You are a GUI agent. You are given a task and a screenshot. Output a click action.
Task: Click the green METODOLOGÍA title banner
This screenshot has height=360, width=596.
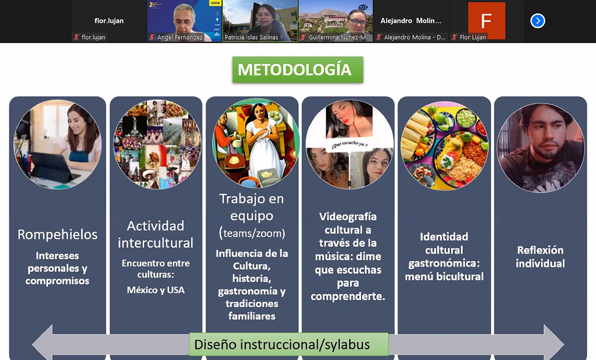(x=298, y=70)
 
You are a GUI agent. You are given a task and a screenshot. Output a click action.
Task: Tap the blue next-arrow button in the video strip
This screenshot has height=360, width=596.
(x=537, y=21)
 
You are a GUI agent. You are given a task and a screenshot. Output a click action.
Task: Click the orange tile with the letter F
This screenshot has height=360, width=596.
(x=486, y=20)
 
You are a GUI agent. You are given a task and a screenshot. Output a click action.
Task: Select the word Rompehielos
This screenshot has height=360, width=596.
(x=57, y=235)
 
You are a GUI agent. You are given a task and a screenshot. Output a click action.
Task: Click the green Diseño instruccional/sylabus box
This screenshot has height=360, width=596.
(x=289, y=344)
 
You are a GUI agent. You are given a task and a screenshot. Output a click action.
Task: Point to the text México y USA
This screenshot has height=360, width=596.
(x=156, y=290)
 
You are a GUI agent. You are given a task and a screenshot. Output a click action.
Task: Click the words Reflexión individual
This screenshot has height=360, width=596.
(x=540, y=257)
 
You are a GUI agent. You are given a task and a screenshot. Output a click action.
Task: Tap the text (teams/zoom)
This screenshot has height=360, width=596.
(x=252, y=233)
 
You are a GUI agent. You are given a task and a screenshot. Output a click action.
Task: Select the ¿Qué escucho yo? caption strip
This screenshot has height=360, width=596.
(x=349, y=144)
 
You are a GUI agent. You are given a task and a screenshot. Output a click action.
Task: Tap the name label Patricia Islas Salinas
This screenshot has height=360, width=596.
(x=251, y=37)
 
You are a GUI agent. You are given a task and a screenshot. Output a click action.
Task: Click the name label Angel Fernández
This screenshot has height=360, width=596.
(x=180, y=37)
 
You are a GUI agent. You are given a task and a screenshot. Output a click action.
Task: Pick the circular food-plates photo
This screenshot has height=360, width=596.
(x=444, y=146)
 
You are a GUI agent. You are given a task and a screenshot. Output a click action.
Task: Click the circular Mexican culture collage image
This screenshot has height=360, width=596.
(x=157, y=144)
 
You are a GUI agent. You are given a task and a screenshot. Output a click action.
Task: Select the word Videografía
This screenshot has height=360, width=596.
(x=348, y=216)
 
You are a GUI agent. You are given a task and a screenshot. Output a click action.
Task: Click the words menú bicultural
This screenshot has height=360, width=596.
(x=444, y=277)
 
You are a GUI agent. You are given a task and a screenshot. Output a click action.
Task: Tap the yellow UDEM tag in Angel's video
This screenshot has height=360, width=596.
(x=215, y=3)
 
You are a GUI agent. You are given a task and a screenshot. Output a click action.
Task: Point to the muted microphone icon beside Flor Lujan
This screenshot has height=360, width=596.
(x=454, y=37)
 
